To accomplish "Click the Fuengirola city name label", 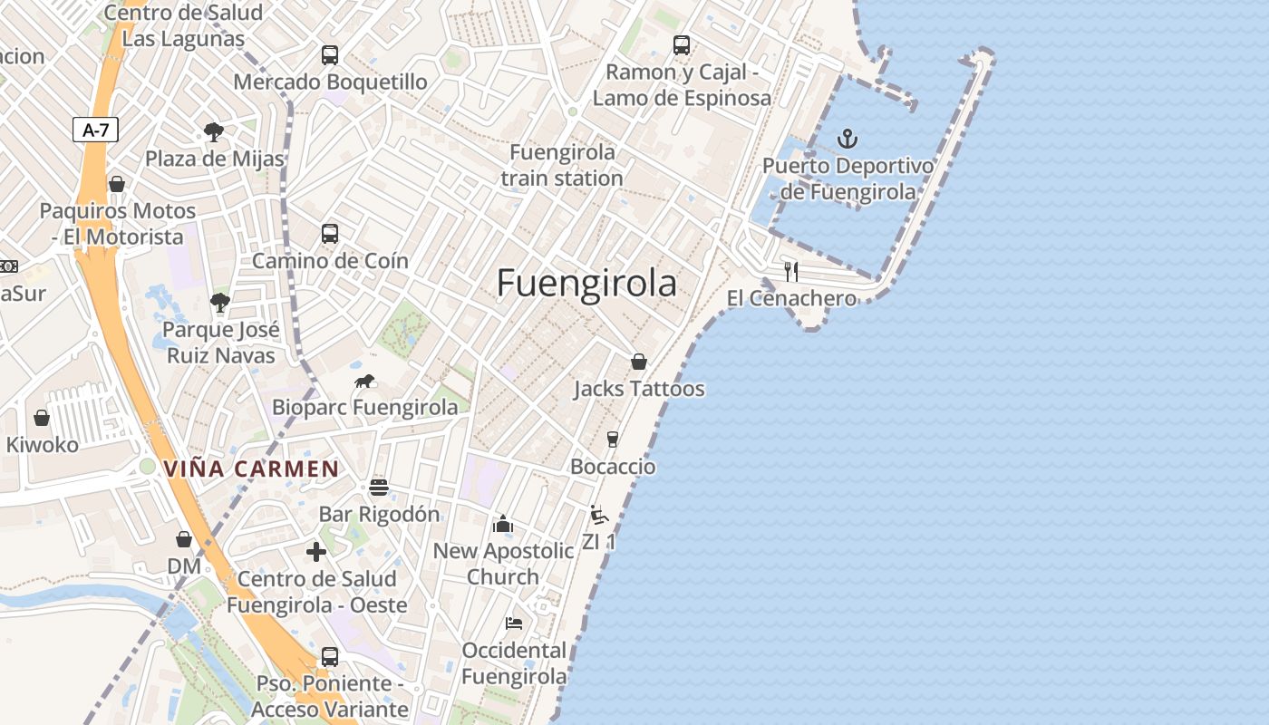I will (586, 284).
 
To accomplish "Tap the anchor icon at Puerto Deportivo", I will (848, 139).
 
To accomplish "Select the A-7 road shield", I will (95, 130).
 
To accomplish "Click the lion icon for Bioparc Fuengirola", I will (365, 381).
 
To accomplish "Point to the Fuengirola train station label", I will (562, 165).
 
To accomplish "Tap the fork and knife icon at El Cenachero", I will (791, 271).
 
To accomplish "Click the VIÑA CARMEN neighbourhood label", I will (251, 469).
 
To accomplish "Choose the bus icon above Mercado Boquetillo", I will (330, 54).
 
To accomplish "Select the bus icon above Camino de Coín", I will (330, 234).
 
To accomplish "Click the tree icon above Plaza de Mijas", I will (214, 132).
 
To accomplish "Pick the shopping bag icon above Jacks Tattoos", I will (639, 362).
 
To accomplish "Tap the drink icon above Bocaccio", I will (613, 440).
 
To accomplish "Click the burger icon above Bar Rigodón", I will (379, 488).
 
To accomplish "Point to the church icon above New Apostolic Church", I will (503, 524).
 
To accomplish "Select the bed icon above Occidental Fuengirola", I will (514, 623).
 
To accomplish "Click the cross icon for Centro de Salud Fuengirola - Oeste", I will (316, 552).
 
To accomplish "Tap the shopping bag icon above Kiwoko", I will (42, 418).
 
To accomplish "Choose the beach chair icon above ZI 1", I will (597, 515).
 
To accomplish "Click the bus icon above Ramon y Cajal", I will (682, 44).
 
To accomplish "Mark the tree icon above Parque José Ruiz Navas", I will (219, 302).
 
